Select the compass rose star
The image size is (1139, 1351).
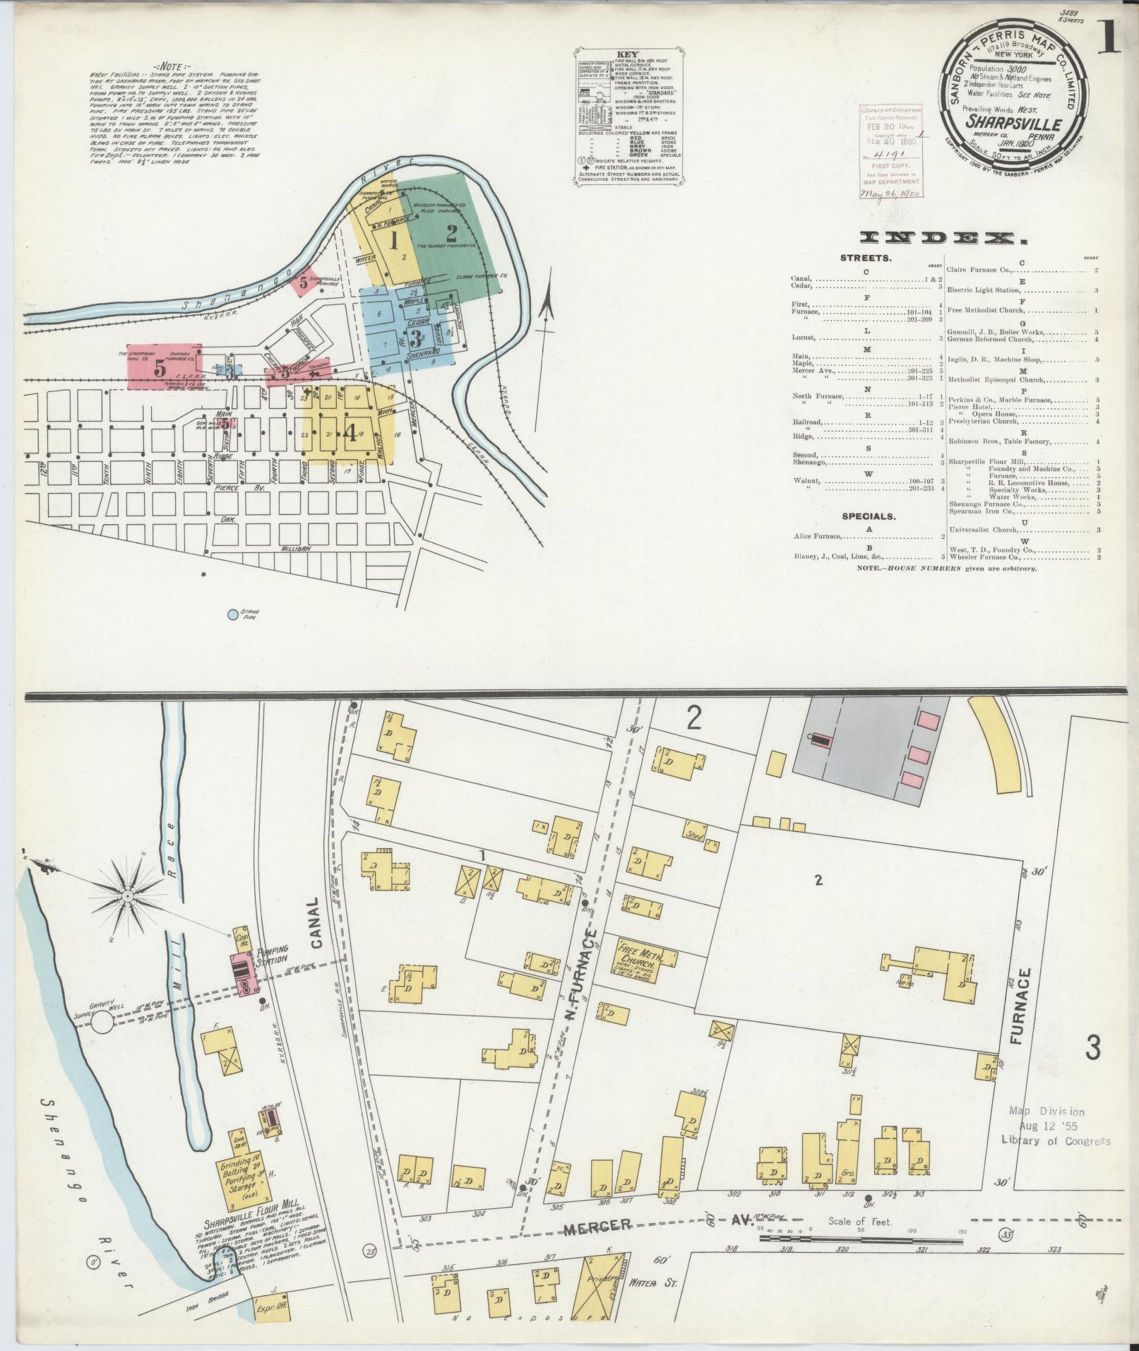tap(129, 896)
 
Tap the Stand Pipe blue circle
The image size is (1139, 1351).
tap(232, 614)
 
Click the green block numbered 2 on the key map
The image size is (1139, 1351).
tap(450, 230)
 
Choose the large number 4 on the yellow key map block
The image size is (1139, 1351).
tap(350, 433)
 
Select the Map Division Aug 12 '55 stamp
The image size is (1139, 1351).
tap(1055, 1141)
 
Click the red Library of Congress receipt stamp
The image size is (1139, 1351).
tap(889, 153)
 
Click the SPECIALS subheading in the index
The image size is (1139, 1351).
tap(868, 516)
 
